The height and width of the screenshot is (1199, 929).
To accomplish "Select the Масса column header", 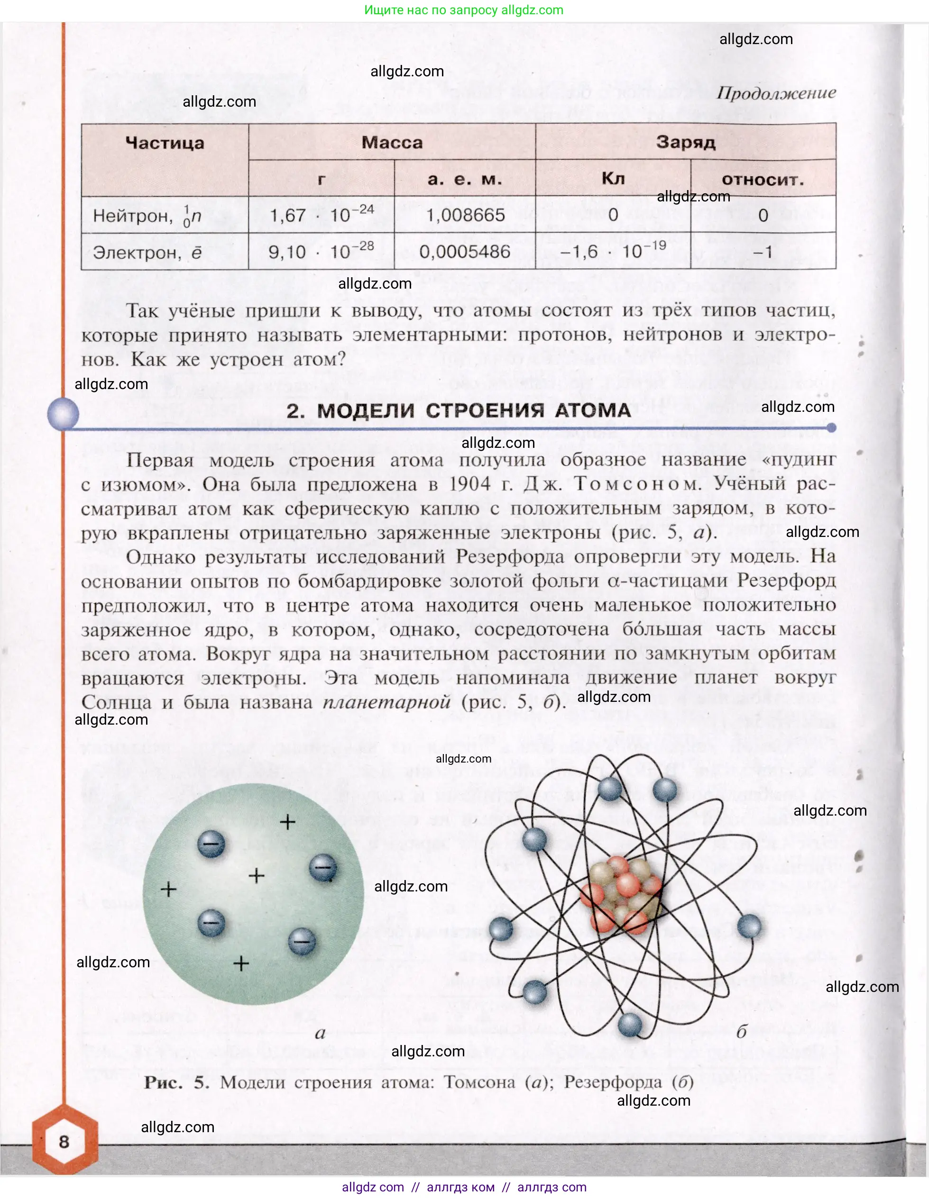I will [392, 143].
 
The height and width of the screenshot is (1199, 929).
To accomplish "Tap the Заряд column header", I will [686, 142].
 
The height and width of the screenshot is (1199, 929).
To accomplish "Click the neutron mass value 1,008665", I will [465, 215].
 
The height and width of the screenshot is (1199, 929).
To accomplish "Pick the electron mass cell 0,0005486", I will [465, 252].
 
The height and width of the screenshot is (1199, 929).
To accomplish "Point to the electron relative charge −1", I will [763, 252].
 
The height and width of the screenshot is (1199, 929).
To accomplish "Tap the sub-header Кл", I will [613, 179].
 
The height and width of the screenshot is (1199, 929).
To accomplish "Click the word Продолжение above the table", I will [776, 93].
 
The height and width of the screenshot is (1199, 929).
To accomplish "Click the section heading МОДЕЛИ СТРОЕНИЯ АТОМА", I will [459, 411].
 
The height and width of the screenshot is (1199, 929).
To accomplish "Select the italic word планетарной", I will [386, 701].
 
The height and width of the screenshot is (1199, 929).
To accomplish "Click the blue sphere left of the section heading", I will [63, 413].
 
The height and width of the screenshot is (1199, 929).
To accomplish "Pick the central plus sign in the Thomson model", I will [256, 875].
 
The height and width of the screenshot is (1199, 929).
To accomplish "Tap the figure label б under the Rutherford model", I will [741, 1032].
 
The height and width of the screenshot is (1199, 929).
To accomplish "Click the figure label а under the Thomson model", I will [320, 1033].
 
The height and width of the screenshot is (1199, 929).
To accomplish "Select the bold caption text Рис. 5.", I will [176, 1082].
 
